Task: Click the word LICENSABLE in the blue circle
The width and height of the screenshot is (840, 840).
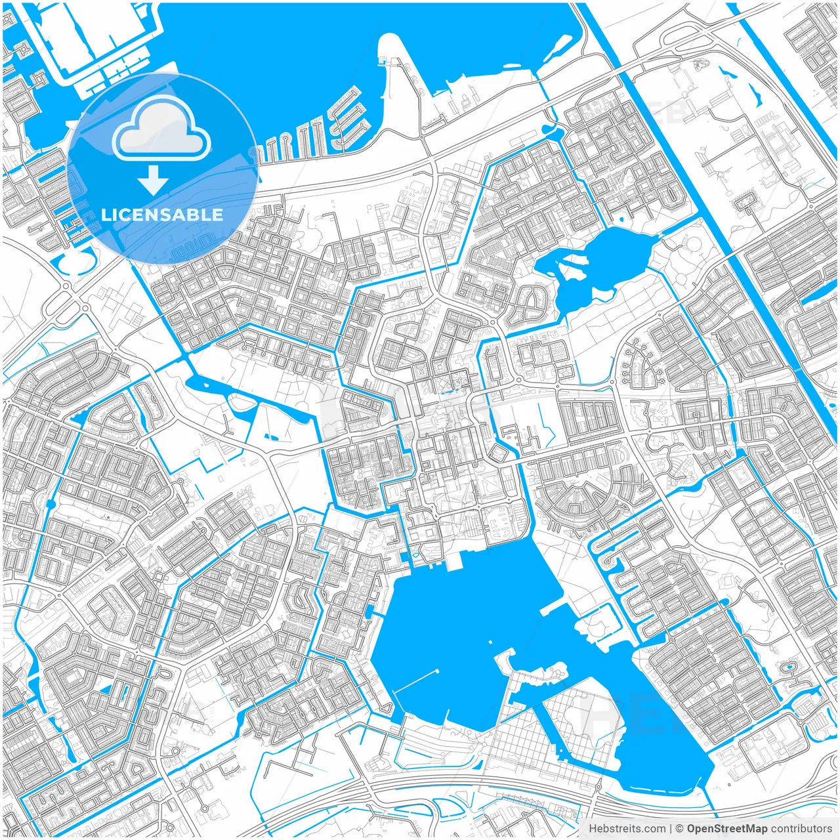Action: pos(162,215)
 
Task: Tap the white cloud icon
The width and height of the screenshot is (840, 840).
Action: pos(161,131)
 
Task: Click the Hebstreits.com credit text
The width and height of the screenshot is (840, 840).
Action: pos(627,829)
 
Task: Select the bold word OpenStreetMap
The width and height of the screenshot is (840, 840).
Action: pos(727,829)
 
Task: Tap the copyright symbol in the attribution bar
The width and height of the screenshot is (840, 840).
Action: pos(680,829)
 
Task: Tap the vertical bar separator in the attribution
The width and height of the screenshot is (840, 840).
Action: pos(670,829)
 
